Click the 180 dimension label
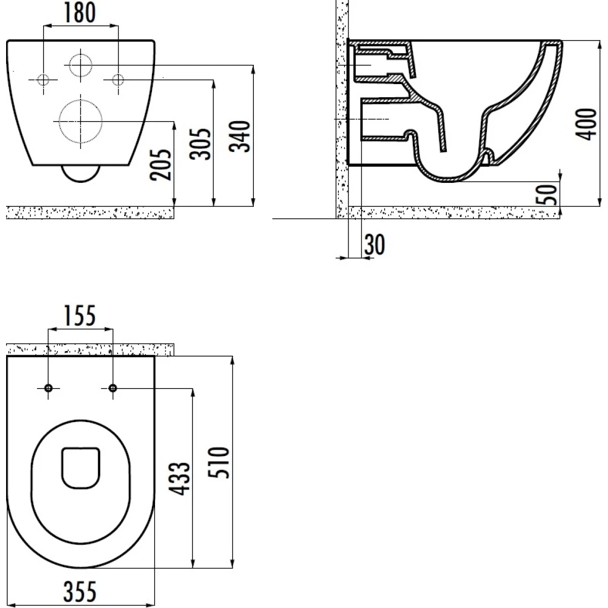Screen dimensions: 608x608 pos(80,13)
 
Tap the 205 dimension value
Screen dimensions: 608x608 pos(161,165)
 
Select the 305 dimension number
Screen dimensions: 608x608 pos(200,144)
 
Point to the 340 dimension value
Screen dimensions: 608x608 pos(240,136)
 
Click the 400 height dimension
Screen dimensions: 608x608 pos(586,124)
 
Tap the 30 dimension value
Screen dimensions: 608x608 pos(375,245)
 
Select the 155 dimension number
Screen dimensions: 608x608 pos(80,316)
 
